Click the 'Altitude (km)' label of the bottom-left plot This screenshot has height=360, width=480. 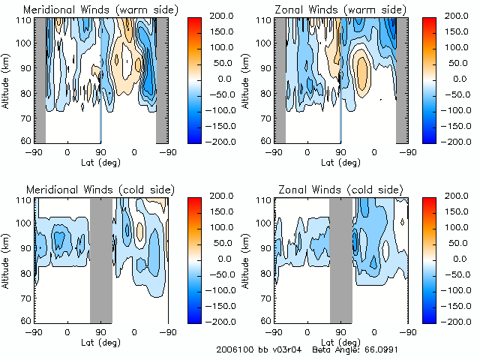click(x=8, y=259)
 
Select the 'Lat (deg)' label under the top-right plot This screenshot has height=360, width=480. click(x=341, y=161)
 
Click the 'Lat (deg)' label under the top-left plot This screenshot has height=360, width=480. click(x=101, y=161)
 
